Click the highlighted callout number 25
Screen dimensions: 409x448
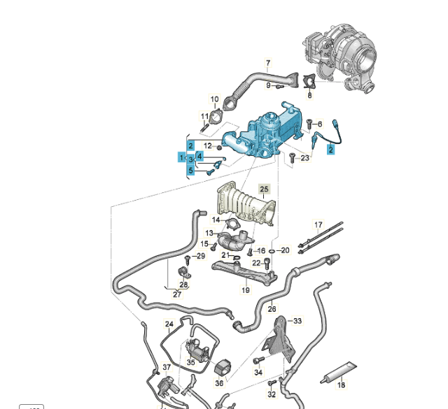[264, 189]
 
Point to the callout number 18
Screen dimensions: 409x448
[342, 385]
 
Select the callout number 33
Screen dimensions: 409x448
[297, 321]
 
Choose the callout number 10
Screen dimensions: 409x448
[214, 100]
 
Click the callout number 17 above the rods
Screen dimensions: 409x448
[318, 225]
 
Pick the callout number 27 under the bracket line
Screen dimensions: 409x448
[177, 294]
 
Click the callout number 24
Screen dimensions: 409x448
[169, 324]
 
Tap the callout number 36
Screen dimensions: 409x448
[219, 383]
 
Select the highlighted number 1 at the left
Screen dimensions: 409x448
[181, 159]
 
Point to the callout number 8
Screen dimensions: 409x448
[310, 95]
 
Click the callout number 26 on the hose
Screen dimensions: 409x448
[272, 308]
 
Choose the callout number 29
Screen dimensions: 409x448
[202, 257]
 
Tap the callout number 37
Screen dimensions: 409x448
[167, 367]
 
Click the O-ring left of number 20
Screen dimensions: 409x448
[271, 250]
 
